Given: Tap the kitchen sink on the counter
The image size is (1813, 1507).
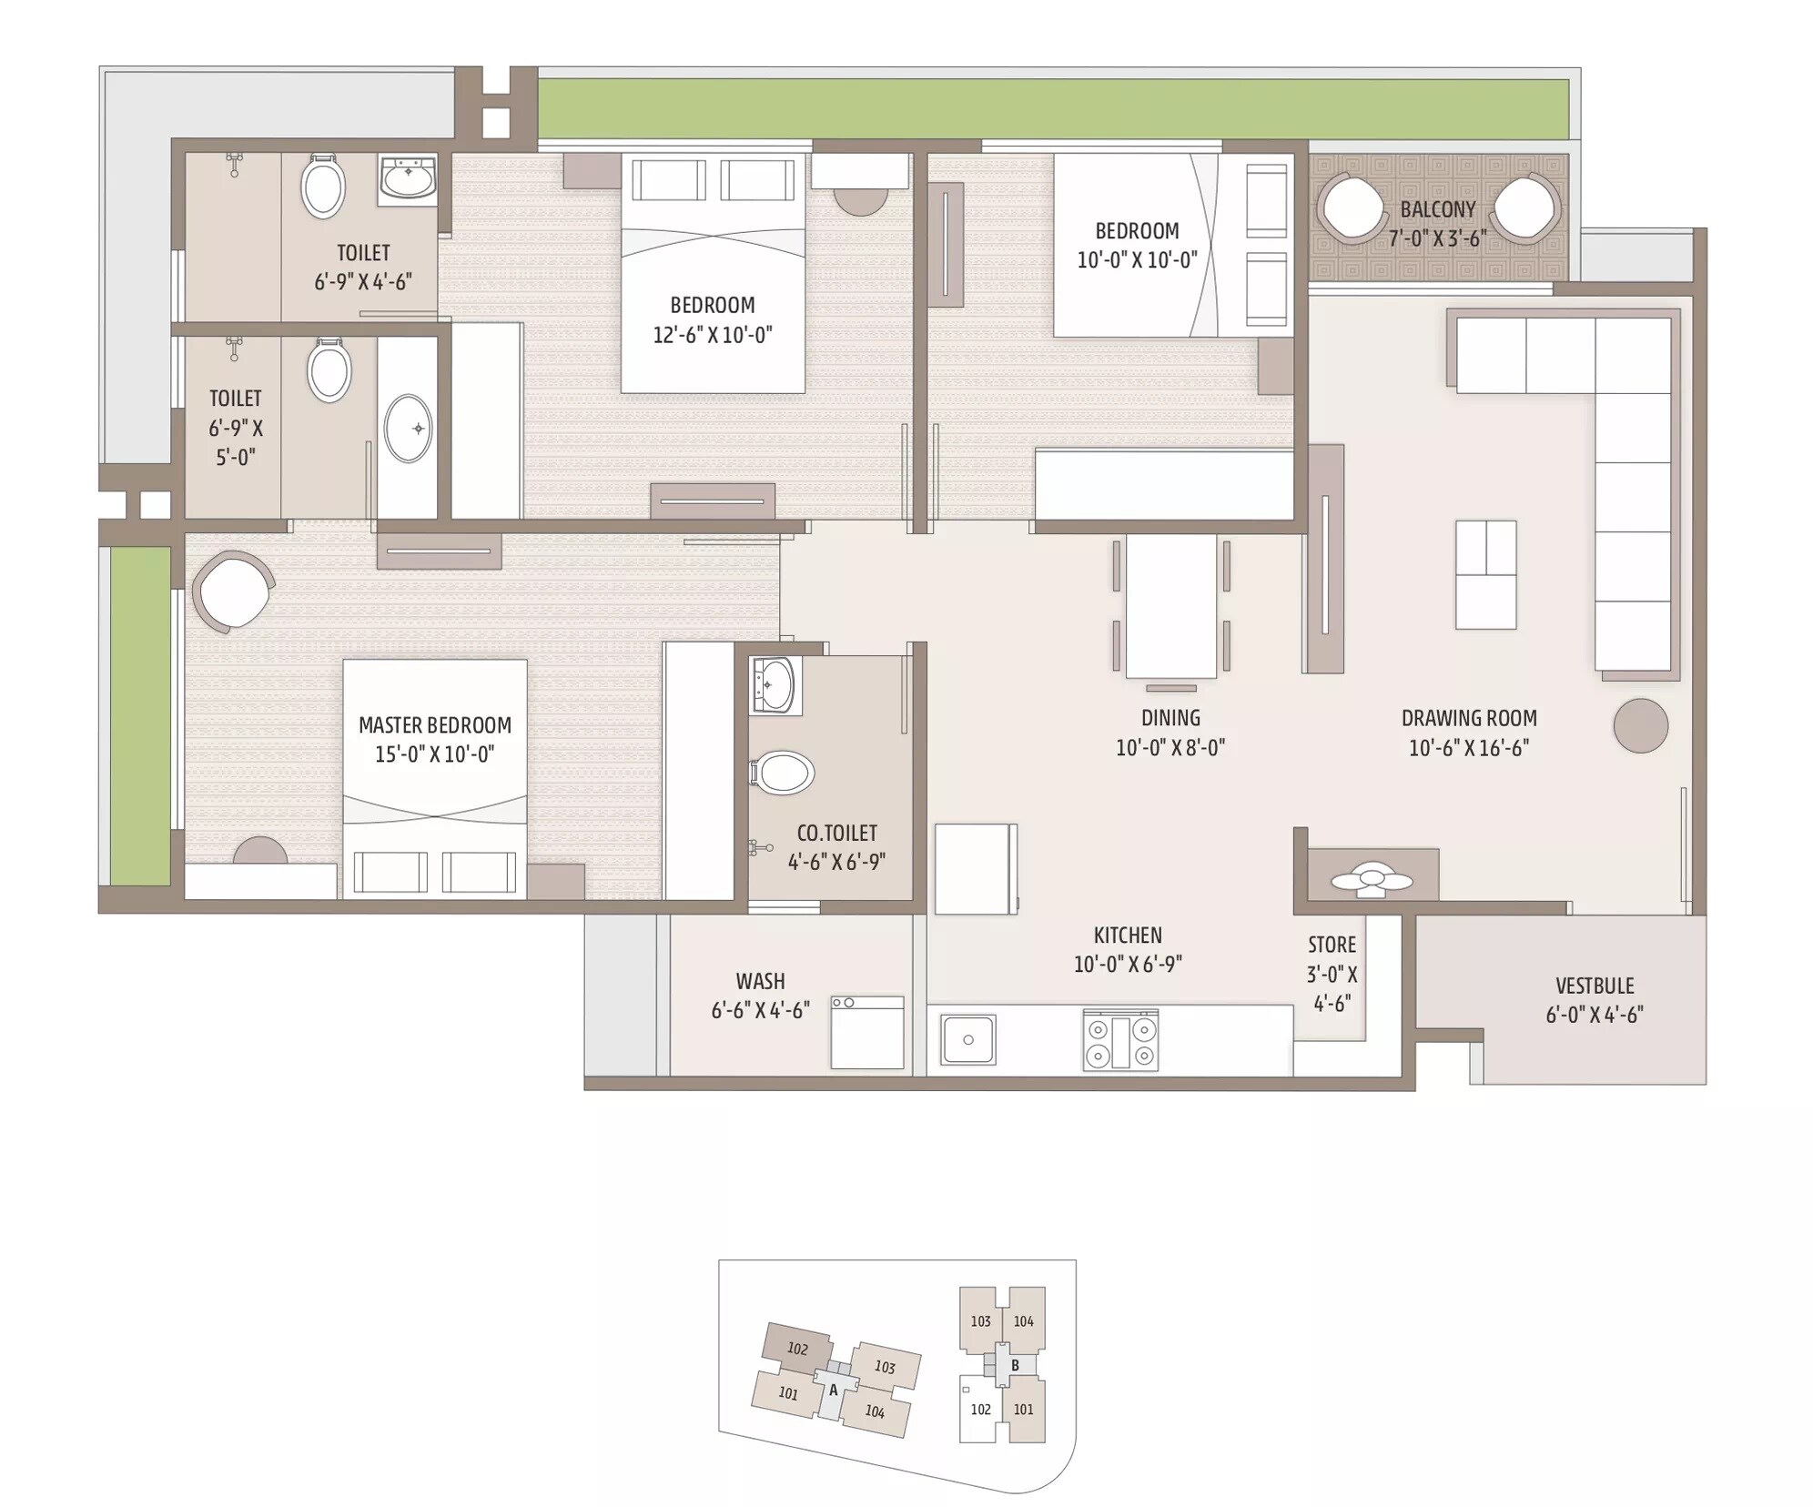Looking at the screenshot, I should click(x=968, y=1039).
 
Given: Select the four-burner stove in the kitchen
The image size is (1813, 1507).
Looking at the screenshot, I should click(x=1120, y=1040).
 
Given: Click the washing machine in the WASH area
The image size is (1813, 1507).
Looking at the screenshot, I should click(x=866, y=1032).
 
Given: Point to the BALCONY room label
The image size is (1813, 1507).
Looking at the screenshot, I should click(x=1437, y=209).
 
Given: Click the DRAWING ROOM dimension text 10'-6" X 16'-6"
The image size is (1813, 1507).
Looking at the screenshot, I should click(x=1468, y=748).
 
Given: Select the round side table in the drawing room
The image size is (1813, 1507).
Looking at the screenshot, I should click(x=1640, y=725).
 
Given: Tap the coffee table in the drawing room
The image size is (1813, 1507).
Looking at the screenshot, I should click(x=1485, y=574).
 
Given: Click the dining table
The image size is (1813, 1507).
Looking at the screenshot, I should click(x=1170, y=605).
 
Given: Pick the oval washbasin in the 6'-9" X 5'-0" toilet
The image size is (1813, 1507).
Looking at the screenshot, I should click(x=408, y=429).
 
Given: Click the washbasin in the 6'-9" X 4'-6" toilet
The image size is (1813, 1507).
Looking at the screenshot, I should click(x=407, y=177).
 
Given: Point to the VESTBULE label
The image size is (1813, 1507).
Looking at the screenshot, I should click(x=1594, y=986).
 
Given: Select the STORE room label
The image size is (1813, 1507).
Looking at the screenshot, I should click(x=1332, y=945).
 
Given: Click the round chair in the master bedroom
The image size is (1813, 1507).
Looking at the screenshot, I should click(x=232, y=592).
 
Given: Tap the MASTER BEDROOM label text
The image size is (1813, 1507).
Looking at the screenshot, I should click(x=434, y=725).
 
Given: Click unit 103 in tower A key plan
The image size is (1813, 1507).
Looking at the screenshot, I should click(x=886, y=1367).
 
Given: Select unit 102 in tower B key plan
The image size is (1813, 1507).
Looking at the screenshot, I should click(x=979, y=1410).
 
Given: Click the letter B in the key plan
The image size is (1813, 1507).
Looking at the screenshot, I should click(x=1015, y=1365).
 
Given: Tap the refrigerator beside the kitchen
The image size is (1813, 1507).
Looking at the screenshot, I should click(x=974, y=868).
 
